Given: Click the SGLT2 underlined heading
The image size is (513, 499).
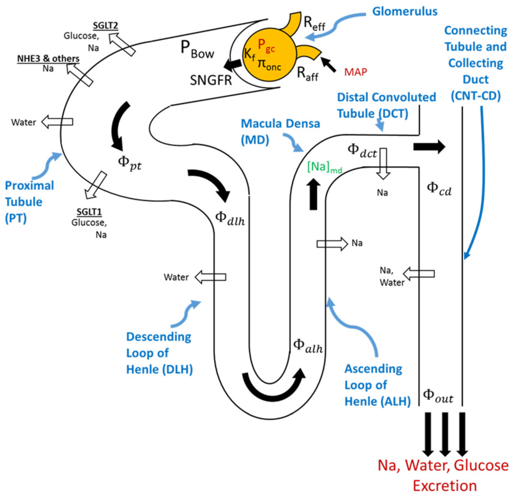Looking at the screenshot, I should pos(105,25).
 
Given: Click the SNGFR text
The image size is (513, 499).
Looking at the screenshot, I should pos(211,80).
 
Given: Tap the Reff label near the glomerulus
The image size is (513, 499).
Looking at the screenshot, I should pos(314,24).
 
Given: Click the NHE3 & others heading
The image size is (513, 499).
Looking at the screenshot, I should pos(48,59).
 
